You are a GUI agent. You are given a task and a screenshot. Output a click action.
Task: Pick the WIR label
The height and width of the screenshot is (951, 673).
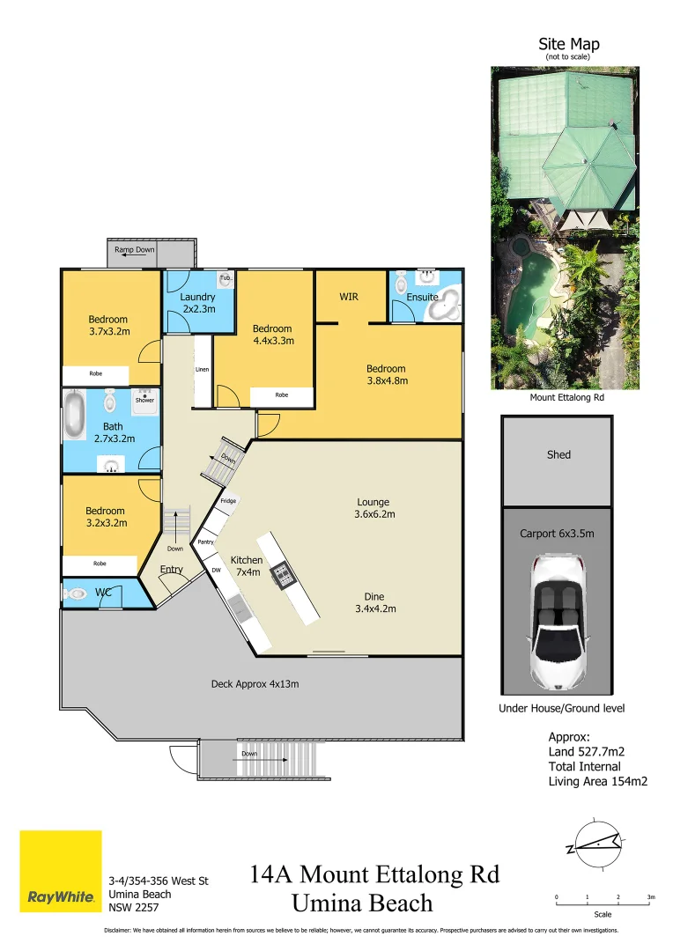pos(349,297)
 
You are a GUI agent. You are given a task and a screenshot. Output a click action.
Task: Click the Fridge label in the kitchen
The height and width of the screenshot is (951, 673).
pos(228,500)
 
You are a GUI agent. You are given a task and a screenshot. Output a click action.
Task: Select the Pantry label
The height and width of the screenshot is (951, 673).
pos(206,542)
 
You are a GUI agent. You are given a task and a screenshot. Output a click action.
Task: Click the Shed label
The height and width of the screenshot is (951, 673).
pos(558,454)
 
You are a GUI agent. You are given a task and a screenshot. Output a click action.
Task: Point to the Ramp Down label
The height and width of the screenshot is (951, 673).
pos(134,250)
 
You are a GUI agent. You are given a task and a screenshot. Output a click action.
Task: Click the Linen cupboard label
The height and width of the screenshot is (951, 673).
pos(202,370)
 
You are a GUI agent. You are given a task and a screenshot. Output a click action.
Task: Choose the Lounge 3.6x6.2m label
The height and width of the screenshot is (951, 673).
pos(373,508)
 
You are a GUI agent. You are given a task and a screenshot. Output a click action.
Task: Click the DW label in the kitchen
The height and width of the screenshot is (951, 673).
pos(216,571)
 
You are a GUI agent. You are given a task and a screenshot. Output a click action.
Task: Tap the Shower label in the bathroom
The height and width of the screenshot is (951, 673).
pos(144,400)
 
